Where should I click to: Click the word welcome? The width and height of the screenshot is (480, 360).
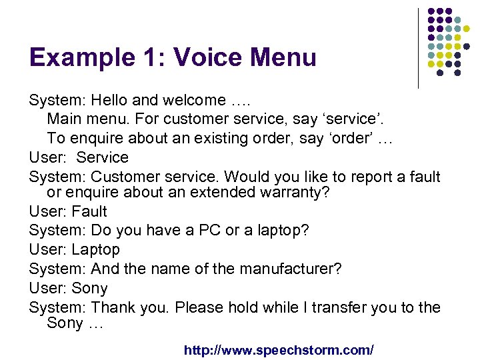(x=193, y=101)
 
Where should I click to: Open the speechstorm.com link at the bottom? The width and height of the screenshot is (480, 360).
(x=279, y=349)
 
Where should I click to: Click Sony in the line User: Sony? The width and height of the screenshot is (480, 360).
(x=89, y=289)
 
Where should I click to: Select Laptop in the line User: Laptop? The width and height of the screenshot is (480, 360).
(x=95, y=250)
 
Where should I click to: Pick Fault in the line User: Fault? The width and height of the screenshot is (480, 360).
(x=89, y=212)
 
